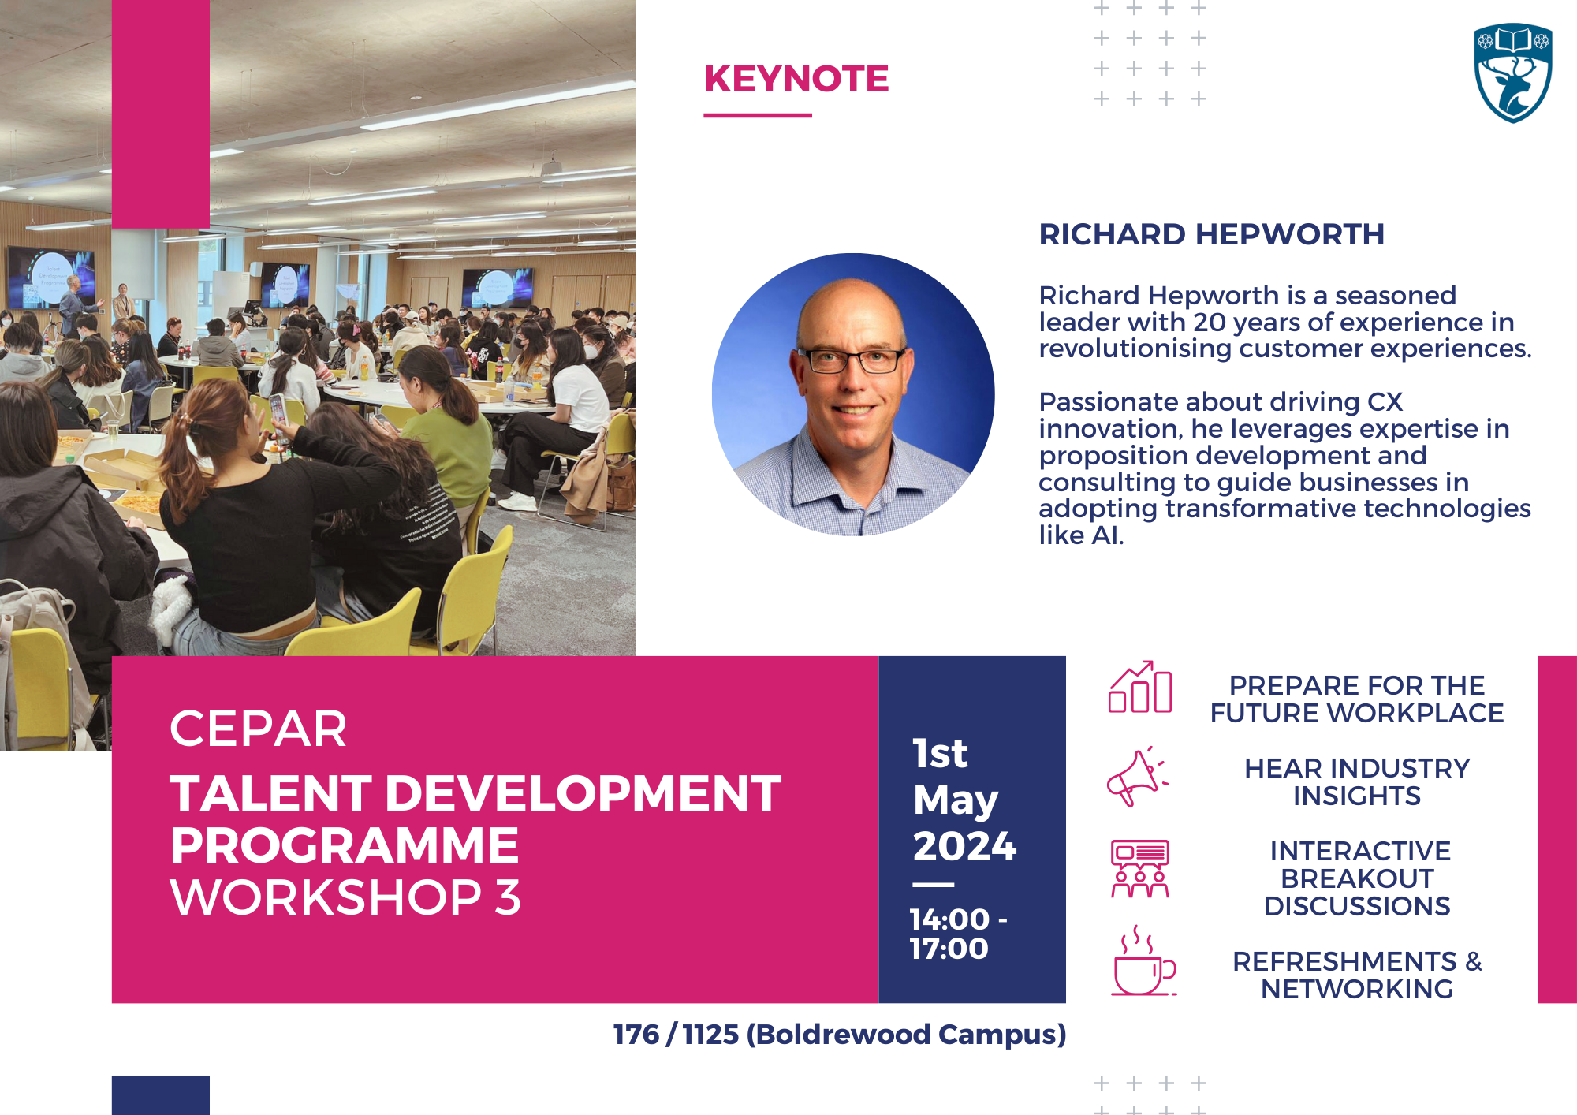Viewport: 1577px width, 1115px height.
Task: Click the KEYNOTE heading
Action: (796, 79)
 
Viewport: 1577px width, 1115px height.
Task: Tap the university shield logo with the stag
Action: (1513, 73)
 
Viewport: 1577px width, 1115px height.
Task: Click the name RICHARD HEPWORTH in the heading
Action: (1211, 234)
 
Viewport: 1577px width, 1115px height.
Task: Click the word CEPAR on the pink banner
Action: (258, 728)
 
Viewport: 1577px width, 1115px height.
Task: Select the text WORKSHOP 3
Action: (345, 897)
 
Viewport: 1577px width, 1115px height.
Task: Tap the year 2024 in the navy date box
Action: (964, 846)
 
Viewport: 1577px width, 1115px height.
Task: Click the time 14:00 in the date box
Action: (949, 919)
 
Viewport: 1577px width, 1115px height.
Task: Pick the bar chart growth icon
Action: (1140, 687)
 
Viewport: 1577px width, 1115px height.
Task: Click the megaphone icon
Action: (1137, 777)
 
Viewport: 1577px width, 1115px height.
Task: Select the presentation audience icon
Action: (1140, 869)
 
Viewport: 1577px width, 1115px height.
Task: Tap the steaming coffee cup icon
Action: (1143, 960)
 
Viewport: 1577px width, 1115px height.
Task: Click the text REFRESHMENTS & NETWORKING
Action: (1357, 975)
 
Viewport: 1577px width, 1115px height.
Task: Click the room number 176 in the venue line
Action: (636, 1035)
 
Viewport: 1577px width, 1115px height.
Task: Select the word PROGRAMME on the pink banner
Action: (345, 845)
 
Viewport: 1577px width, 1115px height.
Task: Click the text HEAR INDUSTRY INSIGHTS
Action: (1357, 781)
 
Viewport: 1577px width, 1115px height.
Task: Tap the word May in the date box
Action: (956, 801)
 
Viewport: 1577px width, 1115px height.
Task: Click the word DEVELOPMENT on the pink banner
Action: (583, 792)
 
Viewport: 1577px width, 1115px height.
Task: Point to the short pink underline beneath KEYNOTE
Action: (758, 116)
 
